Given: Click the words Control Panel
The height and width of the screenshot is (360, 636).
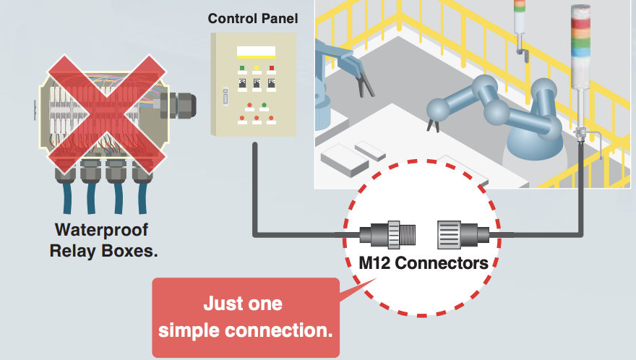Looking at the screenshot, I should [252, 17].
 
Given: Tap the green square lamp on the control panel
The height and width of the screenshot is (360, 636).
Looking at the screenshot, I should [241, 69].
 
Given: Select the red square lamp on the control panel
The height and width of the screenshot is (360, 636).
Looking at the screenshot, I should [272, 69].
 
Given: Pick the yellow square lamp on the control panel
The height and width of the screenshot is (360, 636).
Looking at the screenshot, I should [256, 69].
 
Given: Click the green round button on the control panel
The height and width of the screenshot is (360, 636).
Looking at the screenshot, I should [265, 106].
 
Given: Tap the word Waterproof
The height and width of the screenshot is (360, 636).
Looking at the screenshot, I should [103, 231].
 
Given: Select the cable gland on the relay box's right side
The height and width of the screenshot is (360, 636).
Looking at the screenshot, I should [176, 103].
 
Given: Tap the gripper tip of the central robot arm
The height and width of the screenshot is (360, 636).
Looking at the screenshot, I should [432, 127].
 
